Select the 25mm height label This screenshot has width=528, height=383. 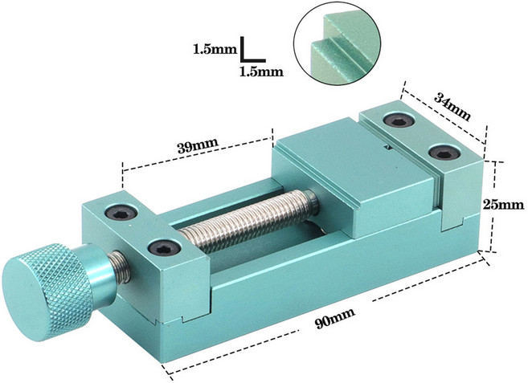coord(503,205)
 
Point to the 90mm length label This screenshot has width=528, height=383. coord(335,318)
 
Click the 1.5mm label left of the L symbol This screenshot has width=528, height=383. coord(215,50)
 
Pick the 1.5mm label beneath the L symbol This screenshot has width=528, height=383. coord(261,71)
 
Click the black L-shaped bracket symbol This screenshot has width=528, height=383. coord(252,50)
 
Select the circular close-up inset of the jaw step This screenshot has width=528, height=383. coord(338,46)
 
